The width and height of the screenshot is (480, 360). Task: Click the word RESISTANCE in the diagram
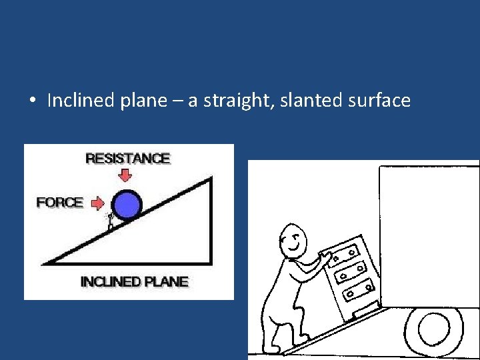[x=127, y=159]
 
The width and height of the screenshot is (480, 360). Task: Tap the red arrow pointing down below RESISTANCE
[x=125, y=175]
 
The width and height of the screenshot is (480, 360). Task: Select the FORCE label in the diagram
[x=60, y=202]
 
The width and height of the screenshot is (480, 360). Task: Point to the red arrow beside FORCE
[x=97, y=202]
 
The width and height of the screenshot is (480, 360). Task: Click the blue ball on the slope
[x=127, y=205]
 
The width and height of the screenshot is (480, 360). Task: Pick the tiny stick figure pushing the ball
[x=111, y=221]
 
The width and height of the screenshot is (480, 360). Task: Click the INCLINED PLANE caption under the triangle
[x=134, y=281]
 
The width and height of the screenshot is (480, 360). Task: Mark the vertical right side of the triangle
[x=211, y=220]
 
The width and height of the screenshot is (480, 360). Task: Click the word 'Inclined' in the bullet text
[x=73, y=101]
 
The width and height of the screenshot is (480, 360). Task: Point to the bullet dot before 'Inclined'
[x=32, y=101]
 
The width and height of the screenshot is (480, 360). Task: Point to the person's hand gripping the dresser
[x=327, y=257]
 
